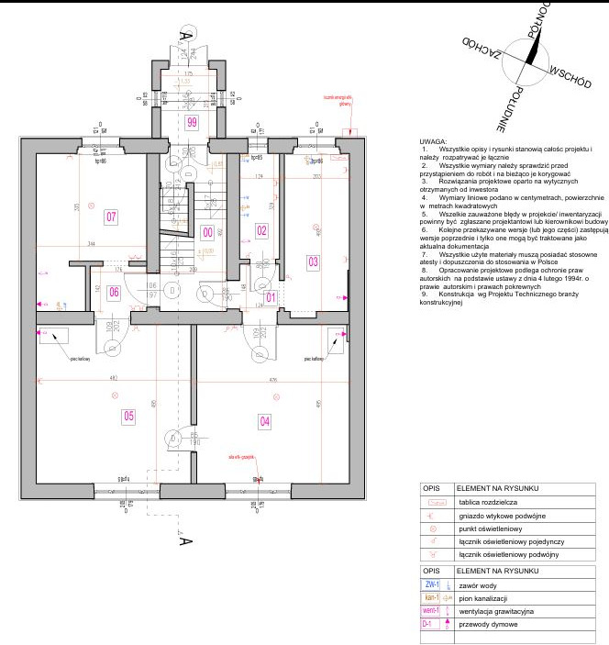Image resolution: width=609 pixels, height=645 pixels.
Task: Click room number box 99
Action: click(x=192, y=122)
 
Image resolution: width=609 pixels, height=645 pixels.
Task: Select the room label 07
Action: click(x=111, y=217)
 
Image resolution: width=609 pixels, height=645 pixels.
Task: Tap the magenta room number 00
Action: click(x=207, y=233)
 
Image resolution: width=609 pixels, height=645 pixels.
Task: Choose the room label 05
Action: click(x=128, y=416)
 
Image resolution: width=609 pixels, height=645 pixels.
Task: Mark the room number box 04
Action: click(x=265, y=421)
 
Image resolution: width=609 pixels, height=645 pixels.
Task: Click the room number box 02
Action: click(x=261, y=230)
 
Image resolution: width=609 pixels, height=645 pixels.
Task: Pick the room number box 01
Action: click(x=271, y=297)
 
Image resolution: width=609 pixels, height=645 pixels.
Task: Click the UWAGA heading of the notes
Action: click(x=432, y=142)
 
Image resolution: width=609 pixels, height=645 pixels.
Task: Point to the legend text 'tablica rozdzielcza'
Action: click(x=482, y=503)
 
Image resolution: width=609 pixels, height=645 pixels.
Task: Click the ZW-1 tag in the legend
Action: click(x=432, y=584)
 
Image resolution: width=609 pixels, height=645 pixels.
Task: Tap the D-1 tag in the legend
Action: click(x=427, y=624)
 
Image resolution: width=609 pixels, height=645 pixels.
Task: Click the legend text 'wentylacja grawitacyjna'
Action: click(x=496, y=611)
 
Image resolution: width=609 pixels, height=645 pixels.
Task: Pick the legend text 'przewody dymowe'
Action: click(x=486, y=624)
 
